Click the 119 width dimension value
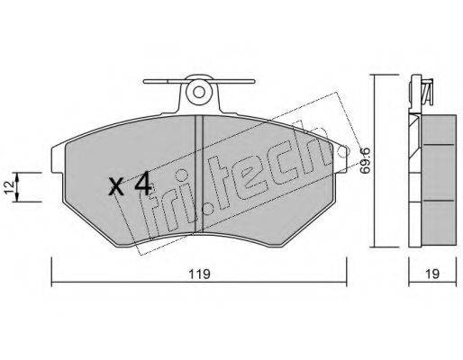point(199,274)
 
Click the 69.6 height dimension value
point(365,160)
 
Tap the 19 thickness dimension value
point(432,274)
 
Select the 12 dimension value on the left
point(9,187)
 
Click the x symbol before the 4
point(116,186)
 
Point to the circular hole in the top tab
point(199,92)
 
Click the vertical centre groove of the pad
point(199,174)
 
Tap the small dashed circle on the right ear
point(342,152)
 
